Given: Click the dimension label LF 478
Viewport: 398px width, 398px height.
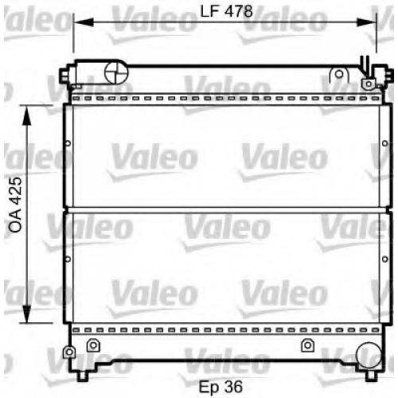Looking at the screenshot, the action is point(226,12).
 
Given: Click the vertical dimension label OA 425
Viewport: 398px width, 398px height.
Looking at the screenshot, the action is point(15,205).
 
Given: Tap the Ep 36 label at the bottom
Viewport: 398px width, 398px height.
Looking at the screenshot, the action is point(220,387).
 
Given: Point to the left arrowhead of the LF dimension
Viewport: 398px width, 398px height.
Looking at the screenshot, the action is point(84,22).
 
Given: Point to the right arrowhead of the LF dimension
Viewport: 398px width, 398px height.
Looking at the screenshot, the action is point(366,22).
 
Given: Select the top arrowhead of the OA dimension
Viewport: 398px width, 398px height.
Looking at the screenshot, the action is point(26,115).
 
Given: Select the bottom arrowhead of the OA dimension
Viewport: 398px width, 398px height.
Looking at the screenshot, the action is point(26,314).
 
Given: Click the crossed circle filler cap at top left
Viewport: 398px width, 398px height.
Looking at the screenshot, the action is point(116,72).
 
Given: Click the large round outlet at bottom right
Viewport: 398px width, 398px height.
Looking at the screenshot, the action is point(369,354).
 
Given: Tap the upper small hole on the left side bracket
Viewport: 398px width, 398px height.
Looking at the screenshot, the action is point(68,143).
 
